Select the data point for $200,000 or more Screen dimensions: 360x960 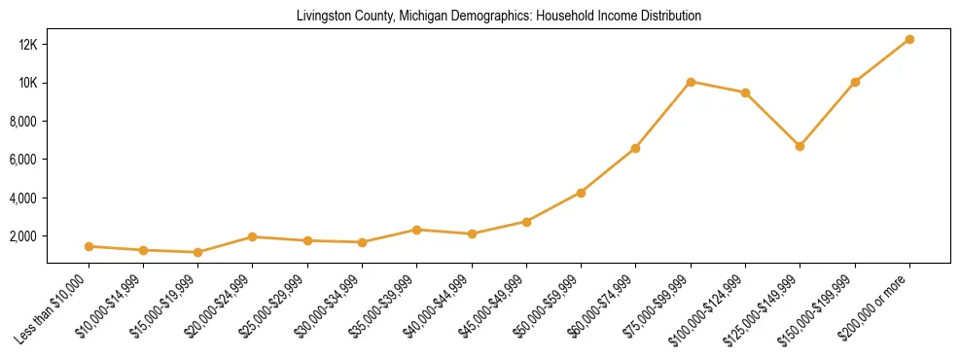click(x=909, y=39)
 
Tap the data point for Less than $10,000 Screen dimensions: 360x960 click(x=89, y=246)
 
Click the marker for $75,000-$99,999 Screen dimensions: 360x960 click(x=691, y=82)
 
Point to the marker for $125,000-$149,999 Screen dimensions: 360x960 click(x=800, y=146)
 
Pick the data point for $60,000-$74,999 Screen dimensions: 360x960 click(x=635, y=148)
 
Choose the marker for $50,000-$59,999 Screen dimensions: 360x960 click(x=581, y=193)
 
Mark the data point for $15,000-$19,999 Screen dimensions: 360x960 click(x=197, y=252)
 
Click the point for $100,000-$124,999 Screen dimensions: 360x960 click(x=745, y=92)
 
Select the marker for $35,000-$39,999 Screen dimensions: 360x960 click(x=416, y=230)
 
